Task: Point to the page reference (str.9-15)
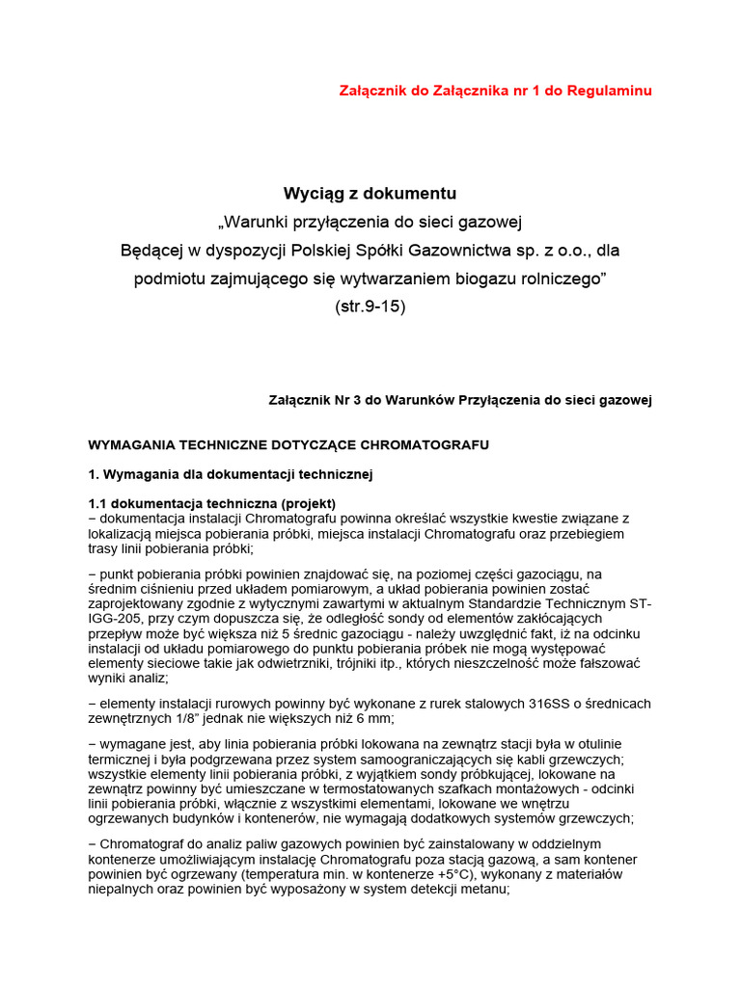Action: pyautogui.click(x=370, y=307)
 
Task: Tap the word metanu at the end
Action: pyautogui.click(x=482, y=890)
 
